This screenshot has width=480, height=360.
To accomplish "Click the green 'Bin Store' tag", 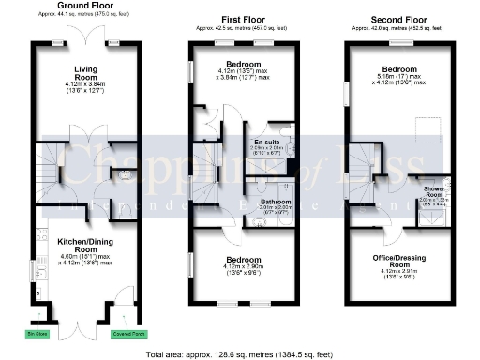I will pos(37,332).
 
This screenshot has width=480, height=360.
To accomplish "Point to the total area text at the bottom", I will pos(239,353).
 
